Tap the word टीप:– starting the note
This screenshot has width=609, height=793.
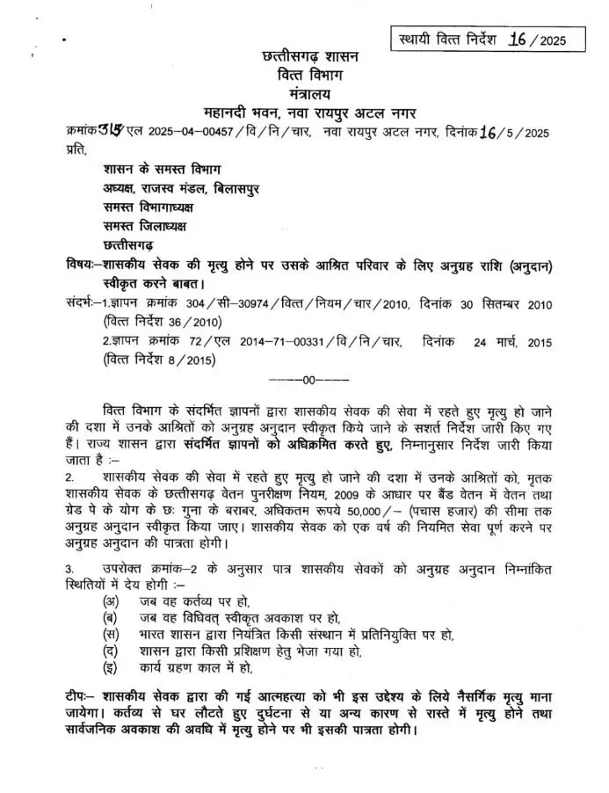[x=84, y=696]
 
